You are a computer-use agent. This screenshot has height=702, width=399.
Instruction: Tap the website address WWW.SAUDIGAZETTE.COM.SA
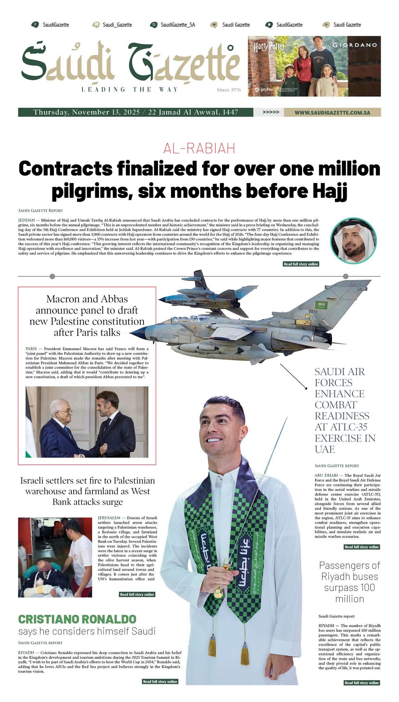(x=332, y=112)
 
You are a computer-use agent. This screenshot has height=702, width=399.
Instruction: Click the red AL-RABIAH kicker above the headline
(x=199, y=148)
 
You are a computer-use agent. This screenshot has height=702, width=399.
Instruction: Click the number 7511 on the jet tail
(x=313, y=312)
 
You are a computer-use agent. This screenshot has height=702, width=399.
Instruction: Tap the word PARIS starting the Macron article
(x=31, y=349)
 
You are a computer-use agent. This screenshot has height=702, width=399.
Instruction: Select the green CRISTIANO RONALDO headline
(x=77, y=619)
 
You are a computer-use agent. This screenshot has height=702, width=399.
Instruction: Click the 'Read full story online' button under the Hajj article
(x=301, y=264)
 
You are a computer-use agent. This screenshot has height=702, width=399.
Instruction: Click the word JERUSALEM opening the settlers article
(x=109, y=517)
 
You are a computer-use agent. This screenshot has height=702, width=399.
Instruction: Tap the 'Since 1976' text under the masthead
(x=228, y=90)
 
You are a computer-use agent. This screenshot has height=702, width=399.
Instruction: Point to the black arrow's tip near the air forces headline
(x=307, y=388)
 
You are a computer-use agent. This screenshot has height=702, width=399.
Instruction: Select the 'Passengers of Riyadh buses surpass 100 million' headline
(x=349, y=582)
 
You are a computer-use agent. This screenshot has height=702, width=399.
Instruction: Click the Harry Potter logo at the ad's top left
(x=269, y=47)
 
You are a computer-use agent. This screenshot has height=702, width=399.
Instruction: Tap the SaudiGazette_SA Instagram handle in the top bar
(x=177, y=25)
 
